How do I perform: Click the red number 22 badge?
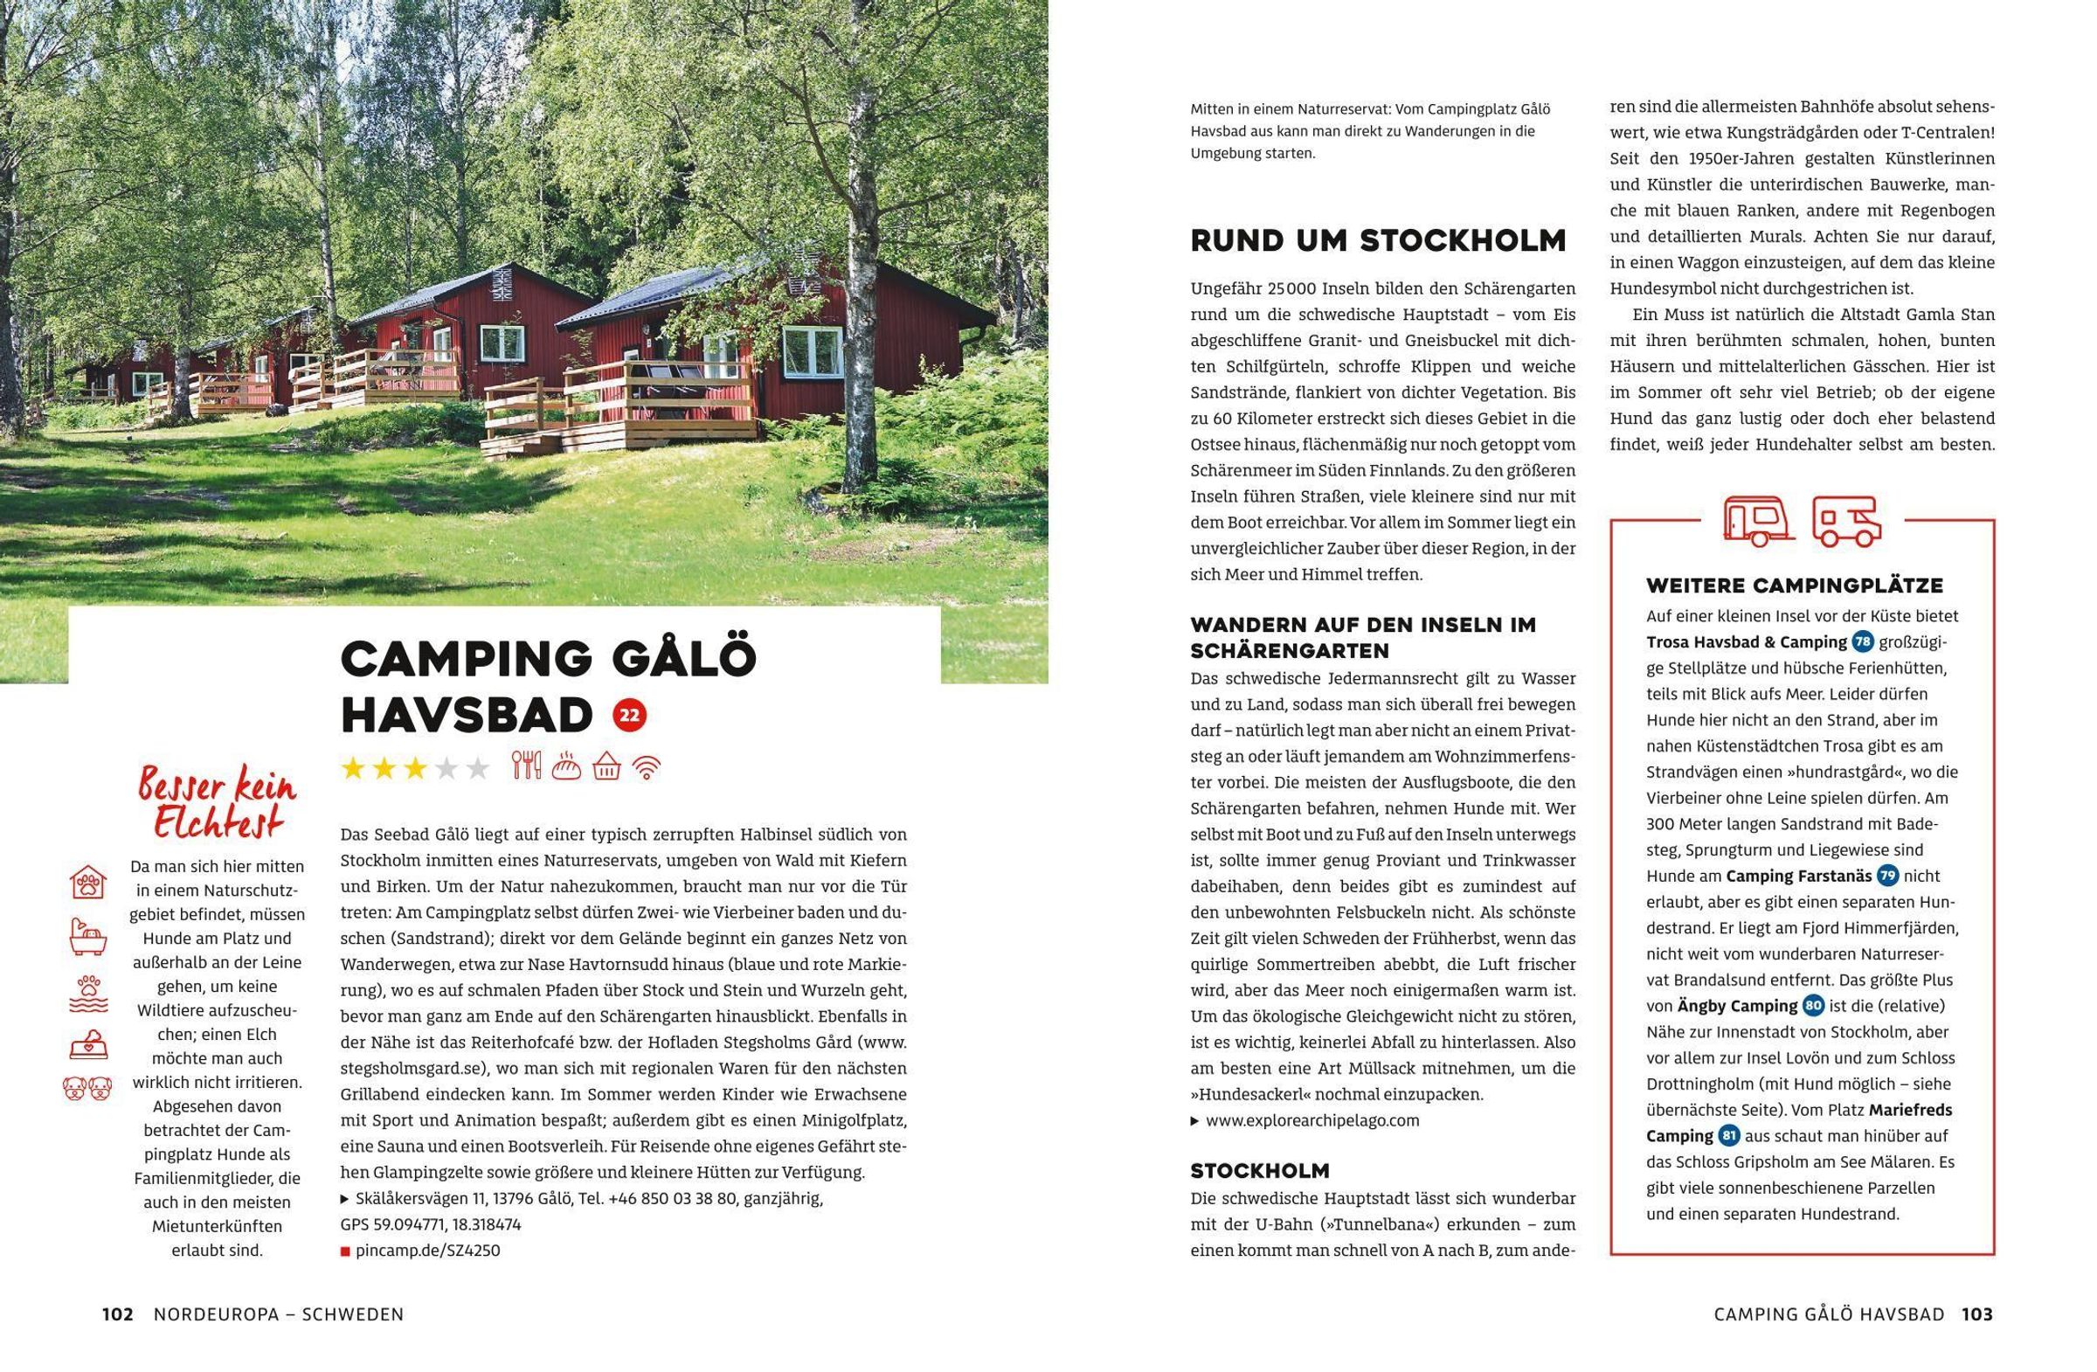(x=629, y=716)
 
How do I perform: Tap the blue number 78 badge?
(x=1863, y=641)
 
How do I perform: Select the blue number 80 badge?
(x=1813, y=1006)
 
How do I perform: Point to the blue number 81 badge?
(x=1728, y=1136)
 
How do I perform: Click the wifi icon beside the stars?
(x=647, y=768)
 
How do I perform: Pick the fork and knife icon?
(x=526, y=766)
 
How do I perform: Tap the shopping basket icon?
(x=606, y=767)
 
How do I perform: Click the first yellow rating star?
(x=353, y=769)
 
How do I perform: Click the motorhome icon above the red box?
(x=1847, y=521)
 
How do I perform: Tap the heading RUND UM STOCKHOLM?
(x=1378, y=240)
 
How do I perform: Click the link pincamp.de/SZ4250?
(x=427, y=1251)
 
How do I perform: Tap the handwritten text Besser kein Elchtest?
(x=217, y=805)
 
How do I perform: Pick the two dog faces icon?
(x=88, y=1088)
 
